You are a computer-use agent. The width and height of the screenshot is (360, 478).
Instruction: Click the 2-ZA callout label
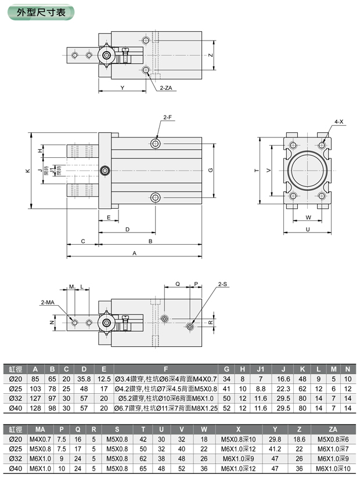click(x=167, y=88)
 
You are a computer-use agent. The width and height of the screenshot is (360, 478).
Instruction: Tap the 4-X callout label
click(x=339, y=122)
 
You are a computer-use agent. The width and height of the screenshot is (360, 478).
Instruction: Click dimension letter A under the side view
click(x=135, y=253)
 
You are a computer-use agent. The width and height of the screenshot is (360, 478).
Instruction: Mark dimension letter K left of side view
click(x=27, y=171)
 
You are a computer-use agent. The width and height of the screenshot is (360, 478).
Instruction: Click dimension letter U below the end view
click(x=307, y=230)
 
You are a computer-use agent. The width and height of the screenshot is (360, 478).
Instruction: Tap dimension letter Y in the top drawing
click(x=122, y=88)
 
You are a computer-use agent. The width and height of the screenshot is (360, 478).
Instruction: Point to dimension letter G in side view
click(x=210, y=170)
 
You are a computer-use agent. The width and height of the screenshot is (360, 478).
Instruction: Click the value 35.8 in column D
click(x=84, y=378)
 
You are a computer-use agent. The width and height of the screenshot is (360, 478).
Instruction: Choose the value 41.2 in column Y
click(x=275, y=448)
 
